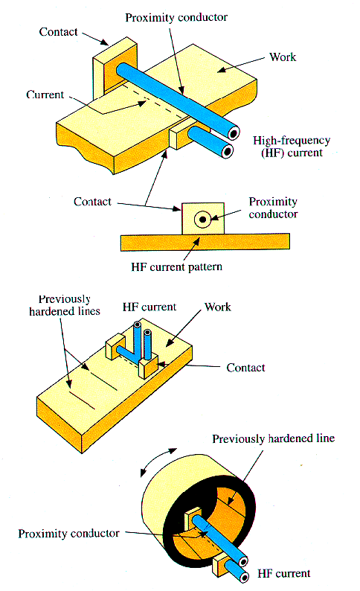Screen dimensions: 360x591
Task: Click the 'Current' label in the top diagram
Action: click(45, 95)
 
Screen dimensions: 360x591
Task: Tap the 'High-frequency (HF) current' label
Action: click(292, 147)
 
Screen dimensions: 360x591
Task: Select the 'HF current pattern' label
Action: click(176, 267)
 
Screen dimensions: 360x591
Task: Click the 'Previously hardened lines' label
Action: click(65, 305)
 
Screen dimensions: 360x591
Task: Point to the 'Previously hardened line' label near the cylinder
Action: click(274, 438)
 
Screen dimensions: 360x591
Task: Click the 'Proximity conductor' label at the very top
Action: click(176, 17)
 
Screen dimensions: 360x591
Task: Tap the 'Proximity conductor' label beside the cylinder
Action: click(69, 534)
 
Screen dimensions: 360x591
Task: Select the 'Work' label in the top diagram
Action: click(283, 57)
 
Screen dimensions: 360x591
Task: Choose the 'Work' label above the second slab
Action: click(218, 307)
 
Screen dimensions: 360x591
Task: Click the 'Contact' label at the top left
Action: click(58, 32)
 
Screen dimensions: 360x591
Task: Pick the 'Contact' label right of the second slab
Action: click(245, 368)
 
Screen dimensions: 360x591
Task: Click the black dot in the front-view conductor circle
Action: click(202, 220)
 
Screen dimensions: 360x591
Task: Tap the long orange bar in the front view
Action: click(205, 242)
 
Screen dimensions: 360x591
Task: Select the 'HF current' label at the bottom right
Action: click(284, 574)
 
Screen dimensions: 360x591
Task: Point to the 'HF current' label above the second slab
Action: click(149, 307)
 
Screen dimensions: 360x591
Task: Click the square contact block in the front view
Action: click(203, 219)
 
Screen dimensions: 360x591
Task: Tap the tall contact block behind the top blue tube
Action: click(115, 68)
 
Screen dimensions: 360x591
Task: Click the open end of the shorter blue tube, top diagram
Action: click(227, 151)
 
